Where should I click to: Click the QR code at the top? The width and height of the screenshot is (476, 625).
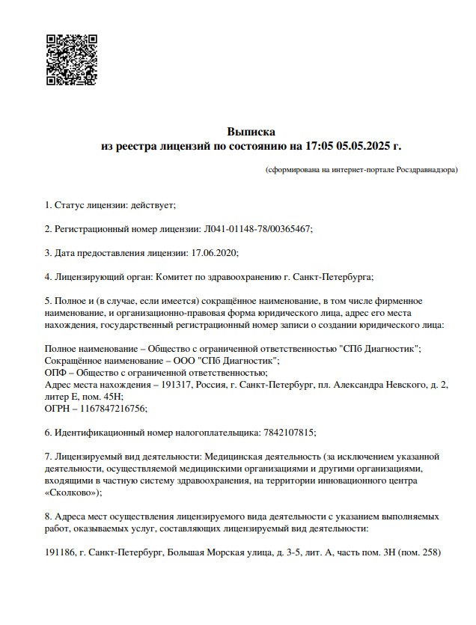pos(72,60)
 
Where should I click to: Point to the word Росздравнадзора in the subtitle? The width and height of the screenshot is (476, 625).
pos(424,170)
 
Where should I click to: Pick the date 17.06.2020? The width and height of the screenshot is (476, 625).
pos(214,253)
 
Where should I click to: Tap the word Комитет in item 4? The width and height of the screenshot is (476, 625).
pos(176,277)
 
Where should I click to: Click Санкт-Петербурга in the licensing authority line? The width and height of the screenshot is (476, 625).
pos(334,277)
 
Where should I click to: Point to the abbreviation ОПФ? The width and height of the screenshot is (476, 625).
pos(55,372)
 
